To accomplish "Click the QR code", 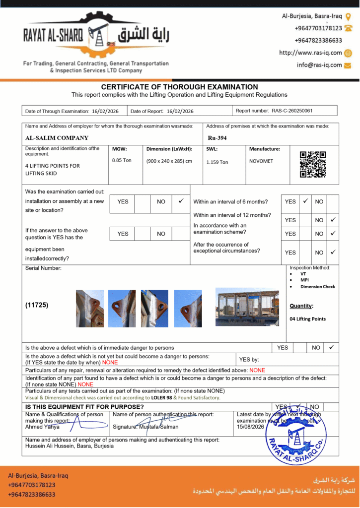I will (x=313, y=165).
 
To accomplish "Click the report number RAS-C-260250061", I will (x=291, y=111).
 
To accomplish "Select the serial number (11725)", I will (x=37, y=306).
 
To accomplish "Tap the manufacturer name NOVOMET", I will (x=261, y=161).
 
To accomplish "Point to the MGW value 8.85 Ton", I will (x=122, y=161).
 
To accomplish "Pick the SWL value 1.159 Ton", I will (x=217, y=162).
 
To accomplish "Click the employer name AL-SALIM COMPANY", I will (x=57, y=138).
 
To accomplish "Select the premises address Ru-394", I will (x=217, y=138).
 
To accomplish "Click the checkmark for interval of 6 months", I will (x=305, y=201).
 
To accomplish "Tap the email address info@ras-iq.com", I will (x=319, y=65).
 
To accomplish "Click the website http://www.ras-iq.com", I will (x=310, y=53).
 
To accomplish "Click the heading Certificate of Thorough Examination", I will (x=179, y=87).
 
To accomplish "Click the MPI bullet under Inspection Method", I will (x=304, y=280).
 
